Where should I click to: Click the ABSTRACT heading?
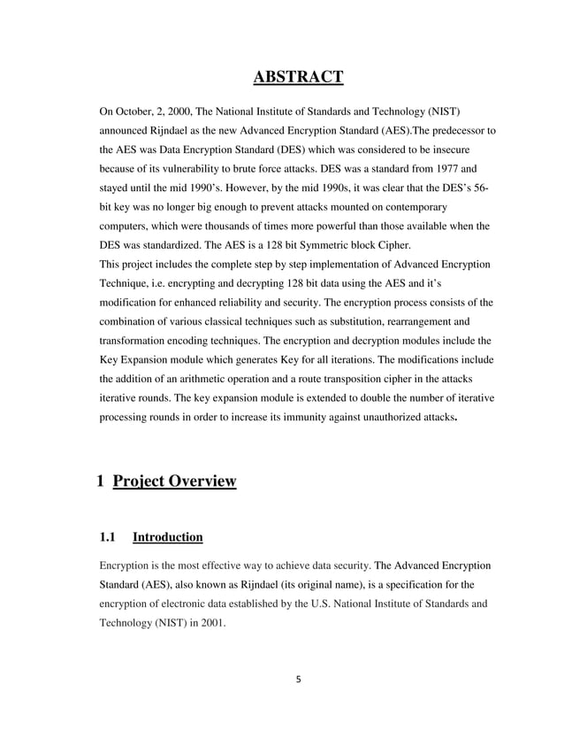click(298, 79)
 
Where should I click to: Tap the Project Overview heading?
click(175, 481)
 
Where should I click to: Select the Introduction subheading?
click(167, 537)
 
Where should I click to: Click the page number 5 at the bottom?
click(298, 679)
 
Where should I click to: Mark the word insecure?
click(473, 150)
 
